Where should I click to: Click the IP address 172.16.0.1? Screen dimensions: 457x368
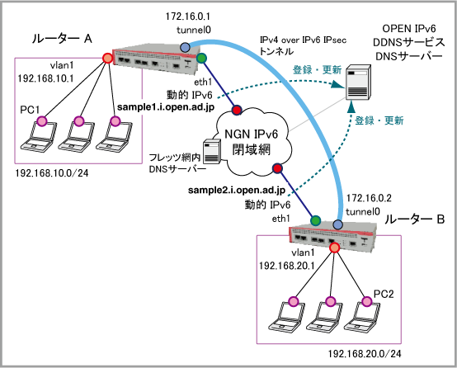(188, 17)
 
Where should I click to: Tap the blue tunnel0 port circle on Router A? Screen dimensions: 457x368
(185, 47)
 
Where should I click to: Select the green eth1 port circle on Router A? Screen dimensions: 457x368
(201, 58)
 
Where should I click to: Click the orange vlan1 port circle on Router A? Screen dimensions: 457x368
(107, 58)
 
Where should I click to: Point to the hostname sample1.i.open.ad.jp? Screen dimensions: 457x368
(166, 107)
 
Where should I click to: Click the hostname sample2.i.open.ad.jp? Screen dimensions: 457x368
(237, 190)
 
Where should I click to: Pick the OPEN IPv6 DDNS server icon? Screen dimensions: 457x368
(358, 83)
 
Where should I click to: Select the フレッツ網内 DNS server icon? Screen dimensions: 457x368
(212, 151)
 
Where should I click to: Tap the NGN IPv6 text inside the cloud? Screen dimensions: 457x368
(252, 134)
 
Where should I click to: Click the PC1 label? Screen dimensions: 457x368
(30, 110)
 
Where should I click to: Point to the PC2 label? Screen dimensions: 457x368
(384, 294)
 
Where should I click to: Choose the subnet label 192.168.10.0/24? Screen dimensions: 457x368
(52, 173)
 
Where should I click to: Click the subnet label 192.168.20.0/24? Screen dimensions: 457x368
(365, 354)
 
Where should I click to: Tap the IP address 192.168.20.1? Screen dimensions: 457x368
(287, 266)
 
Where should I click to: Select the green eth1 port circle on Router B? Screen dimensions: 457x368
(315, 220)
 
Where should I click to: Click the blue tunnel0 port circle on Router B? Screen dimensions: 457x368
(337, 224)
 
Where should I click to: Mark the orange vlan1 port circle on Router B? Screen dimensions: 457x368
(335, 248)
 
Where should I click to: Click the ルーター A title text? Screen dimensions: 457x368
(62, 39)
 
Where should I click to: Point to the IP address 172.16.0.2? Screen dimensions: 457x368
(369, 198)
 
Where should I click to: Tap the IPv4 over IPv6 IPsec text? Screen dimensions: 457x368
(303, 40)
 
